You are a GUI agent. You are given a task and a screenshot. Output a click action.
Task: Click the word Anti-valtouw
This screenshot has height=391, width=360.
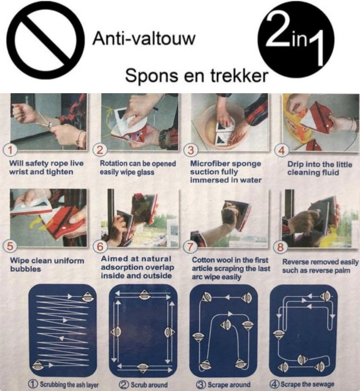[x=144, y=39]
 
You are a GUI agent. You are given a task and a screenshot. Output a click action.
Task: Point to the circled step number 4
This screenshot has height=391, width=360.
[x=282, y=151]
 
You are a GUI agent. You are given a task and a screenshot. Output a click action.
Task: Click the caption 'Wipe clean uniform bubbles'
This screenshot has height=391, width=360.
[x=47, y=265]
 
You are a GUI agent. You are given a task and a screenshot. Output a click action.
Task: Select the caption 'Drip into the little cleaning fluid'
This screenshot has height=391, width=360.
[x=319, y=168]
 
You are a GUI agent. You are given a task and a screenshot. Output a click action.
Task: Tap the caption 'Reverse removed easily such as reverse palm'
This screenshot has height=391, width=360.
[x=320, y=266]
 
